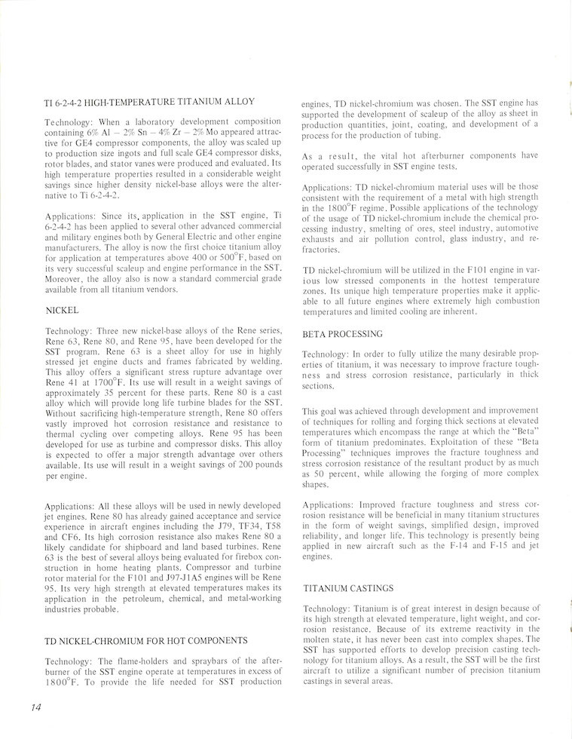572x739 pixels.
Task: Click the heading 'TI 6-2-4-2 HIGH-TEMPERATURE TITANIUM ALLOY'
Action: pos(150,100)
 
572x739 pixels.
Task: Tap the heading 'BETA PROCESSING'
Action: pos(342,333)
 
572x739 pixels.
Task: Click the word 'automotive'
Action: pos(512,228)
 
